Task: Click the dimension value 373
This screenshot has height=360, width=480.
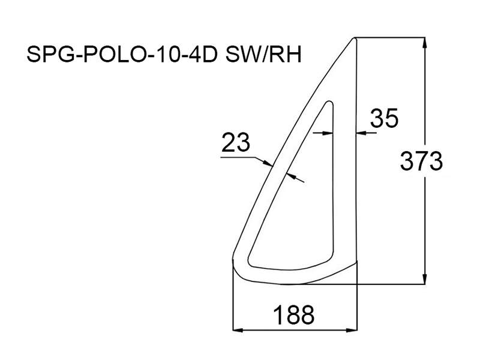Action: coord(421,161)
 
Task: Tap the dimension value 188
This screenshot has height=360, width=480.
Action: coord(293,315)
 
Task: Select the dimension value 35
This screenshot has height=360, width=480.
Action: coord(384,118)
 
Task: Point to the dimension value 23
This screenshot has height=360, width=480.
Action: coord(236,142)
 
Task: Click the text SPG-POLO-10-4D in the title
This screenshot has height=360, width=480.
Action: coord(122,55)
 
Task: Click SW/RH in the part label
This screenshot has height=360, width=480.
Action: coord(263,55)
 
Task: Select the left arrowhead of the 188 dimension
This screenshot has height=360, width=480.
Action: coord(238,331)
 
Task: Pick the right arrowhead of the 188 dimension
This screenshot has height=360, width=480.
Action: coord(352,331)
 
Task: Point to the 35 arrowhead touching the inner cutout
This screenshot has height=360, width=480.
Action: coord(328,133)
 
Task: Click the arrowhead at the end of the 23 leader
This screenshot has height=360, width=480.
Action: coord(268,163)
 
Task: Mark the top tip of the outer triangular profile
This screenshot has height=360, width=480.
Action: coord(355,38)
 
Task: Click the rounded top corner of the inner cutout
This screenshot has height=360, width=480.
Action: coord(329,102)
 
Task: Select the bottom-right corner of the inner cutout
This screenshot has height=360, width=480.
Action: coord(332,259)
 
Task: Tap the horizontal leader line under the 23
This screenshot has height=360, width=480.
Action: coord(238,157)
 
